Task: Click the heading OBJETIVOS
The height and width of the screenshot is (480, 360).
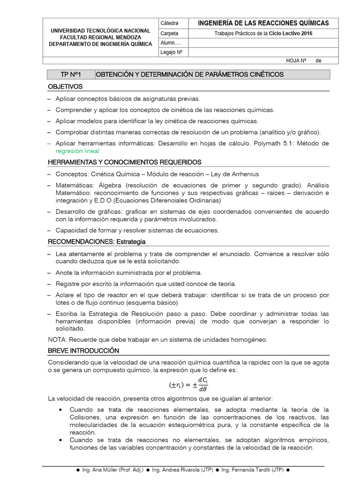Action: click(65, 87)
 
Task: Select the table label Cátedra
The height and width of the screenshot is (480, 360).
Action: click(169, 23)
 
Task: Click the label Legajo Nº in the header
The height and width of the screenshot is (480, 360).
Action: click(171, 52)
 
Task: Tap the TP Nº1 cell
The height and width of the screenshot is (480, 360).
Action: click(71, 75)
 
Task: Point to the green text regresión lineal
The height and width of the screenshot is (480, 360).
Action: click(77, 151)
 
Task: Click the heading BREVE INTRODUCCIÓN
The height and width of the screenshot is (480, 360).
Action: click(83, 351)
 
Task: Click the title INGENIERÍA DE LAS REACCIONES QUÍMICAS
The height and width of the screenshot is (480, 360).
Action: click(263, 23)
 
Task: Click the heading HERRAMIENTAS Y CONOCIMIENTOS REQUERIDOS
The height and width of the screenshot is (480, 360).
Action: click(125, 162)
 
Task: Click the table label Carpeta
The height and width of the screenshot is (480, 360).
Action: click(169, 33)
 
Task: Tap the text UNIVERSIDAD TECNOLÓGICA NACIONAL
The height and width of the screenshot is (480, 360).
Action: click(100, 30)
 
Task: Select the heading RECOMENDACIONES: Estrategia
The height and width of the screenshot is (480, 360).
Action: click(97, 241)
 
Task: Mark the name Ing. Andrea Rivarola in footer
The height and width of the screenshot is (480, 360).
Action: click(180, 470)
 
